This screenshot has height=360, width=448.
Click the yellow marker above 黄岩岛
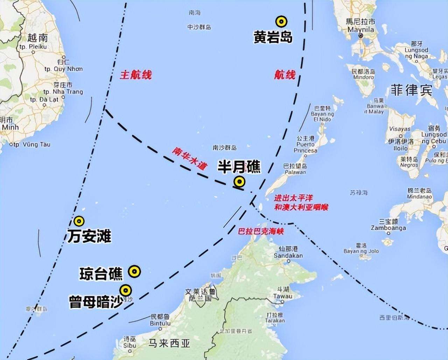pyautogui.click(x=281, y=22)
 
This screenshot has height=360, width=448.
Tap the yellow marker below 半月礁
pyautogui.click(x=239, y=181)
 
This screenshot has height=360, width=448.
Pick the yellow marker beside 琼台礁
pyautogui.click(x=134, y=271)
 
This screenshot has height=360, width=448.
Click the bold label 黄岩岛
pyautogui.click(x=273, y=37)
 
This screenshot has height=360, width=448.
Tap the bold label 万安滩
pyautogui.click(x=89, y=237)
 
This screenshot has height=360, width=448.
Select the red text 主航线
pyautogui.click(x=136, y=75)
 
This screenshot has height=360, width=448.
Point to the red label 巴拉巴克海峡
pyautogui.click(x=260, y=231)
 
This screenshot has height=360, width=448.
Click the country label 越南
pyautogui.click(x=37, y=37)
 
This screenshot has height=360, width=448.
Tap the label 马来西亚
pyautogui.click(x=169, y=343)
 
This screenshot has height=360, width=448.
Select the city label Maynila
pyautogui.click(x=360, y=29)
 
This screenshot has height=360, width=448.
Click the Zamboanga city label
pyautogui.click(x=389, y=228)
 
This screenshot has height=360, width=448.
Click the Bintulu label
pyautogui.click(x=160, y=323)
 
